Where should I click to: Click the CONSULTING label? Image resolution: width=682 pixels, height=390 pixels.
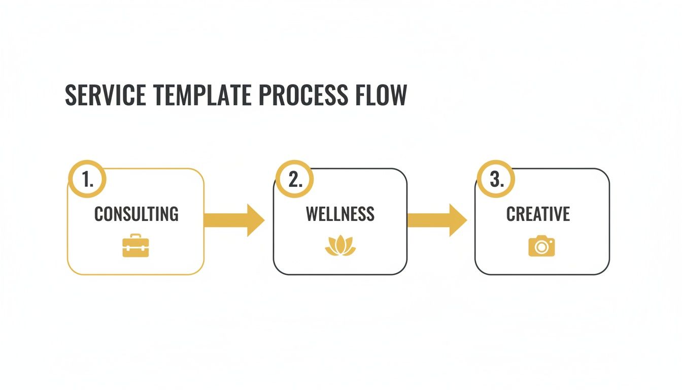pyautogui.click(x=136, y=214)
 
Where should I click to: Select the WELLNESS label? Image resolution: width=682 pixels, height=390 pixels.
pyautogui.click(x=340, y=214)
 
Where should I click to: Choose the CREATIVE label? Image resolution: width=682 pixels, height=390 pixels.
pyautogui.click(x=538, y=214)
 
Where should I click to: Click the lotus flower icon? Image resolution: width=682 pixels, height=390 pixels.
pyautogui.click(x=340, y=246)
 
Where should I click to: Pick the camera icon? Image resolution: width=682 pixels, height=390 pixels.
pyautogui.click(x=541, y=246)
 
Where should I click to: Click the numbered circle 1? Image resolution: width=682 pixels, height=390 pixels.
pyautogui.click(x=87, y=179)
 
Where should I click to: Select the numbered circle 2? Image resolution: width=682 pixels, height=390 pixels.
pyautogui.click(x=295, y=179)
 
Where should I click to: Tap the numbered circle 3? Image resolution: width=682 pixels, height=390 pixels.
pyautogui.click(x=496, y=179)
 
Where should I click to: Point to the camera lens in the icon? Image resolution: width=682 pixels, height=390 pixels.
pyautogui.click(x=542, y=248)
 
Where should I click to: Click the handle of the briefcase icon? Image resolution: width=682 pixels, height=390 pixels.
pyautogui.click(x=135, y=237)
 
